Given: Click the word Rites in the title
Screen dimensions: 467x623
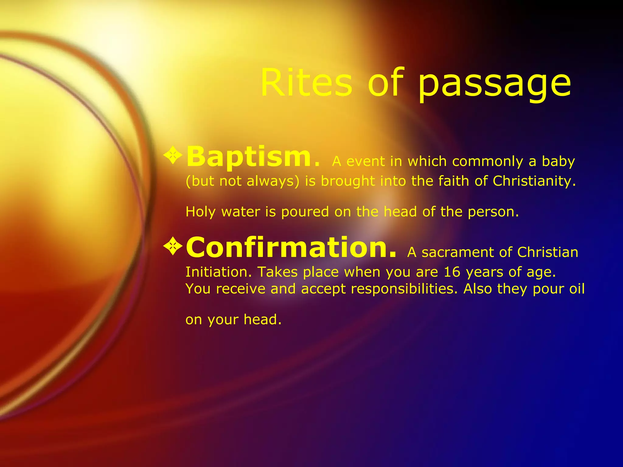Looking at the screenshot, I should pyautogui.click(x=306, y=83).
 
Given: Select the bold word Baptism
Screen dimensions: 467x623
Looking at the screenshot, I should pyautogui.click(x=249, y=157).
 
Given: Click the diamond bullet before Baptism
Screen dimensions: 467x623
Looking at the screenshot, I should pyautogui.click(x=173, y=156).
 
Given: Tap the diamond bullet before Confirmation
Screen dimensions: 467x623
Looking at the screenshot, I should pyautogui.click(x=173, y=246).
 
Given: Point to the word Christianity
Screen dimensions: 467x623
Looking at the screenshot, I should pyautogui.click(x=534, y=181).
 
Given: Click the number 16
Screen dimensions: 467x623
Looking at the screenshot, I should pyautogui.click(x=452, y=272).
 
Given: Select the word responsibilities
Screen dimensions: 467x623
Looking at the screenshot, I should pyautogui.click(x=404, y=289).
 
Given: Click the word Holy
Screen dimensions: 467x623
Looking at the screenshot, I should pyautogui.click(x=200, y=212).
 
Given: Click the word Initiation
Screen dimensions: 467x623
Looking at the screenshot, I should pyautogui.click(x=218, y=272).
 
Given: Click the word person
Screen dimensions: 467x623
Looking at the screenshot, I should pyautogui.click(x=493, y=212).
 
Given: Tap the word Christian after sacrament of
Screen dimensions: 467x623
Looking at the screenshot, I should pyautogui.click(x=547, y=253).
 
